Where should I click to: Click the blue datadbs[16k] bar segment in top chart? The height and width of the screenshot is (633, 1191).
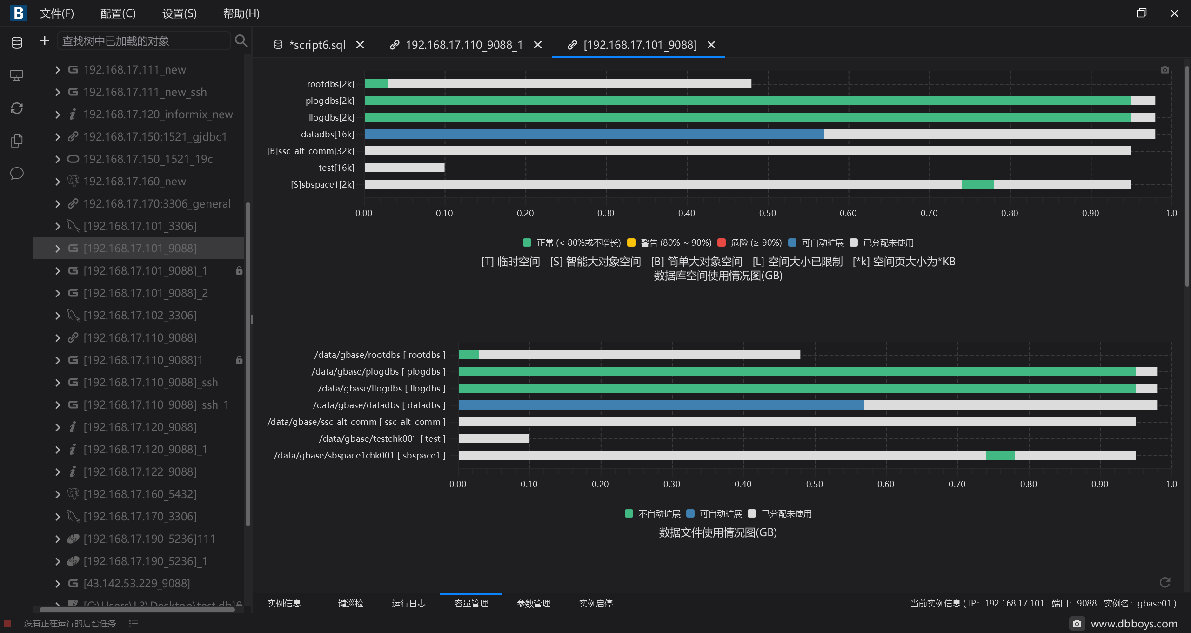pos(594,134)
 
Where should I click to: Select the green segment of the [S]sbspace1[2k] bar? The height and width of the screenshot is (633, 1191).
pos(977,184)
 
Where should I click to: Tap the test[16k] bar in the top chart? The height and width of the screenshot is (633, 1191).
pos(405,168)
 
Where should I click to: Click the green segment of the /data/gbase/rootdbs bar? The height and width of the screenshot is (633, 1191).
pos(469,355)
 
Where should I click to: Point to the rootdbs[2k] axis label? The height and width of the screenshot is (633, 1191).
pos(330,84)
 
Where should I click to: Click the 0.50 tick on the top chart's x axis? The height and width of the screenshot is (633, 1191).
pos(768,213)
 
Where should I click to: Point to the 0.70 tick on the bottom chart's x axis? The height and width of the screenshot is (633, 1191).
pos(957,484)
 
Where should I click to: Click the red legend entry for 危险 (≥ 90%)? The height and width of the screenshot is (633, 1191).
pos(750,242)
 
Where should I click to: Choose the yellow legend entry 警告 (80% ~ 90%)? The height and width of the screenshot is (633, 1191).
pos(669,242)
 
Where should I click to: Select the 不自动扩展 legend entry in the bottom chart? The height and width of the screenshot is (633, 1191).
pos(653,513)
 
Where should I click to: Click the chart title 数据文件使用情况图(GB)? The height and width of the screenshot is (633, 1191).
pos(718,532)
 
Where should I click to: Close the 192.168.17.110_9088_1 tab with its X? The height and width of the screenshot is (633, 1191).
pos(538,45)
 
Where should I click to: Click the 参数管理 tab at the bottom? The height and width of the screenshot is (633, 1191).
pos(534,603)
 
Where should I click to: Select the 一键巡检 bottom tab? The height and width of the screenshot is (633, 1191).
pos(347,603)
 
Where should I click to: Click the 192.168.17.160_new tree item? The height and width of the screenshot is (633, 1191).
pos(134,181)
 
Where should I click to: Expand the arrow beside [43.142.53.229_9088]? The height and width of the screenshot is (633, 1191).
pos(58,583)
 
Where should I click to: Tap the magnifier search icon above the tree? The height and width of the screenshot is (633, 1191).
pos(241,40)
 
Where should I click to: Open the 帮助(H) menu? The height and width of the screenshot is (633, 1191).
pos(241,13)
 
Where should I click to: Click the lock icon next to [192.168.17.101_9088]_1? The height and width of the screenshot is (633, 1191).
pos(239,270)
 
